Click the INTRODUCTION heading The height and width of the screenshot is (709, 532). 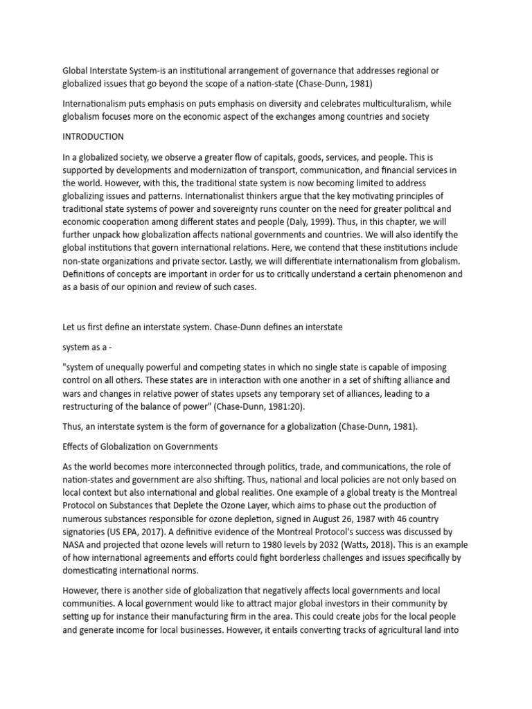coord(93,136)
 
